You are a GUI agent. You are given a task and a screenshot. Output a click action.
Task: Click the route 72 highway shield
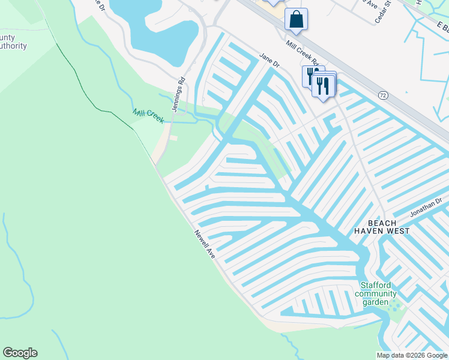pyautogui.click(x=382, y=95)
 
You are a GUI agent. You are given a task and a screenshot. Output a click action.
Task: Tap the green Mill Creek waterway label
pyautogui.click(x=148, y=116)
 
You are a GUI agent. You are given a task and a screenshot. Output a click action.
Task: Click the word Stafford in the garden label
pyautogui.click(x=375, y=286)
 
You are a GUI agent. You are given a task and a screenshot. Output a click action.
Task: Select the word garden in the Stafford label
pyautogui.click(x=375, y=302)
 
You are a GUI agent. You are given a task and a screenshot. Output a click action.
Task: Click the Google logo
pyautogui.click(x=20, y=353)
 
